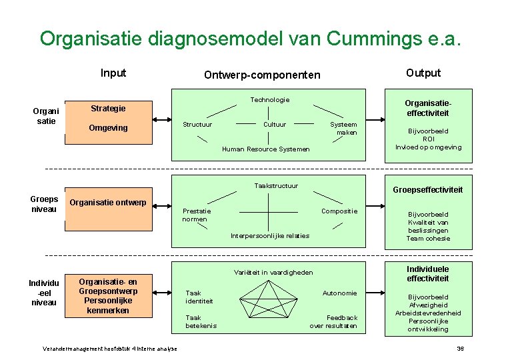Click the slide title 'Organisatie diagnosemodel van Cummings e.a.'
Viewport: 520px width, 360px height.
coord(250,38)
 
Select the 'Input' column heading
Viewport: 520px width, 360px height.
coord(113,73)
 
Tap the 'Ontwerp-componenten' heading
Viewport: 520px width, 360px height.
coord(262,75)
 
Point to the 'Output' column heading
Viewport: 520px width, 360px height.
coord(423,73)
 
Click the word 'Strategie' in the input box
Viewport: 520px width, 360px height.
coord(108,108)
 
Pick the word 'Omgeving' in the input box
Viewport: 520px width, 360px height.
coord(108,127)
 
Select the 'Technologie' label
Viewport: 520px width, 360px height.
coord(269,100)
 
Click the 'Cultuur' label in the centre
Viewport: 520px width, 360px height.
coord(275,125)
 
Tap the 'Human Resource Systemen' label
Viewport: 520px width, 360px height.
coord(265,149)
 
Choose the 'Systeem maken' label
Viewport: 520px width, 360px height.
coord(344,128)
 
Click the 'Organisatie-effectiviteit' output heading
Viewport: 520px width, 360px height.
coord(427,108)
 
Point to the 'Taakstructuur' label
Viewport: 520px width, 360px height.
coord(276,186)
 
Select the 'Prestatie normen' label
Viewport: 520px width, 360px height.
coord(195,215)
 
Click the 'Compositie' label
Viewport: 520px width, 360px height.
coord(339,211)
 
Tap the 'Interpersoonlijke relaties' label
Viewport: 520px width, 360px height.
coord(269,236)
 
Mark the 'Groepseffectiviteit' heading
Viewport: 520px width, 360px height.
coord(427,190)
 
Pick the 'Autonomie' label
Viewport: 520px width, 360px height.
coord(339,293)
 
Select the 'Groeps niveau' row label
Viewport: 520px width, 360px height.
coord(44,204)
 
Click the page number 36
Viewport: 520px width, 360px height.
coord(459,349)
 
